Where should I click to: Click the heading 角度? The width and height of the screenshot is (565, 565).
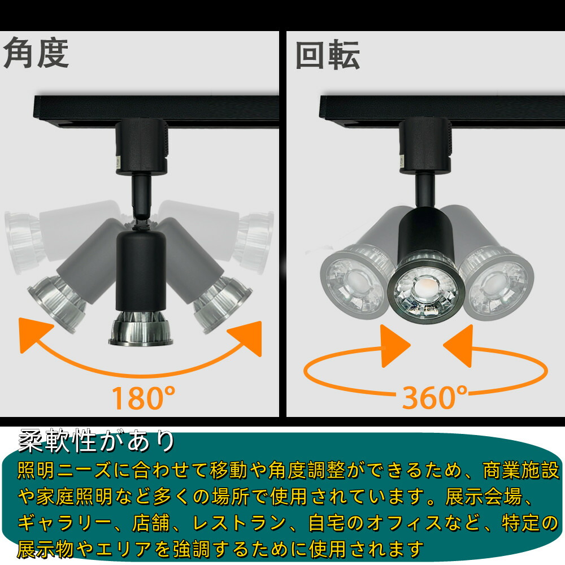36,54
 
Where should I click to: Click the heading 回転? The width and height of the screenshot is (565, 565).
328,55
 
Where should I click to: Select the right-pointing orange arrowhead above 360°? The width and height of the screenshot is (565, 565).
395,346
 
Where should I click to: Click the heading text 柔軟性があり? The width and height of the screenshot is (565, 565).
97,441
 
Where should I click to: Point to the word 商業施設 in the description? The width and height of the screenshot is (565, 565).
521,470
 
